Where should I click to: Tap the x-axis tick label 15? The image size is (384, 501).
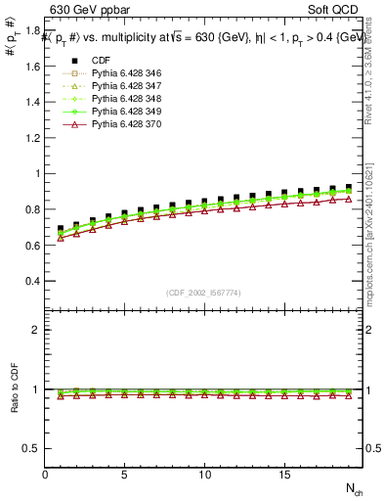coord(283,475)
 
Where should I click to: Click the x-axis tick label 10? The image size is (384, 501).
coord(204,475)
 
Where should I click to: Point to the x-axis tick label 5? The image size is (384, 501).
coord(125,475)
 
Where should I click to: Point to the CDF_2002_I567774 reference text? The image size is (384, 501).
coord(204,293)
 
